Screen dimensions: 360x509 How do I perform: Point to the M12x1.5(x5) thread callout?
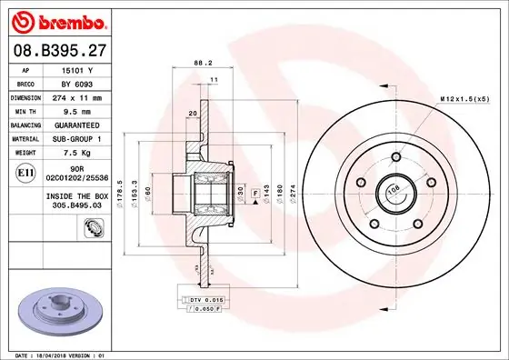(465, 97)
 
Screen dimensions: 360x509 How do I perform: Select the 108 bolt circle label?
(394, 190)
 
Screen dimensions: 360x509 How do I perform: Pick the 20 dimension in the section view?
(192, 113)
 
